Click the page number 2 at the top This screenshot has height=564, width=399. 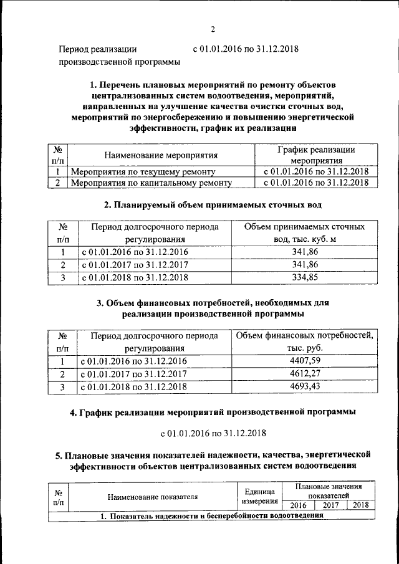coord(212,29)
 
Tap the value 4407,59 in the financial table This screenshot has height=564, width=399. coord(305,360)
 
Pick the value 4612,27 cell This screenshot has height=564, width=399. coord(305,374)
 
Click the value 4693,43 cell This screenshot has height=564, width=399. coord(305,387)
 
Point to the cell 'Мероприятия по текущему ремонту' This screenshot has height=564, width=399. coord(143,171)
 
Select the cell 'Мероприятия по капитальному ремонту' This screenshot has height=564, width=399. coord(151,183)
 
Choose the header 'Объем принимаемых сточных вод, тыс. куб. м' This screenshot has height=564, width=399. coord(304,232)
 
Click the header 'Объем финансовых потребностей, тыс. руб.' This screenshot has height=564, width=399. coord(304,342)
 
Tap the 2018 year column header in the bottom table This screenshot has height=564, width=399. coord(360,505)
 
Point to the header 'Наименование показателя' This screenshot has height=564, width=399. coord(152,497)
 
